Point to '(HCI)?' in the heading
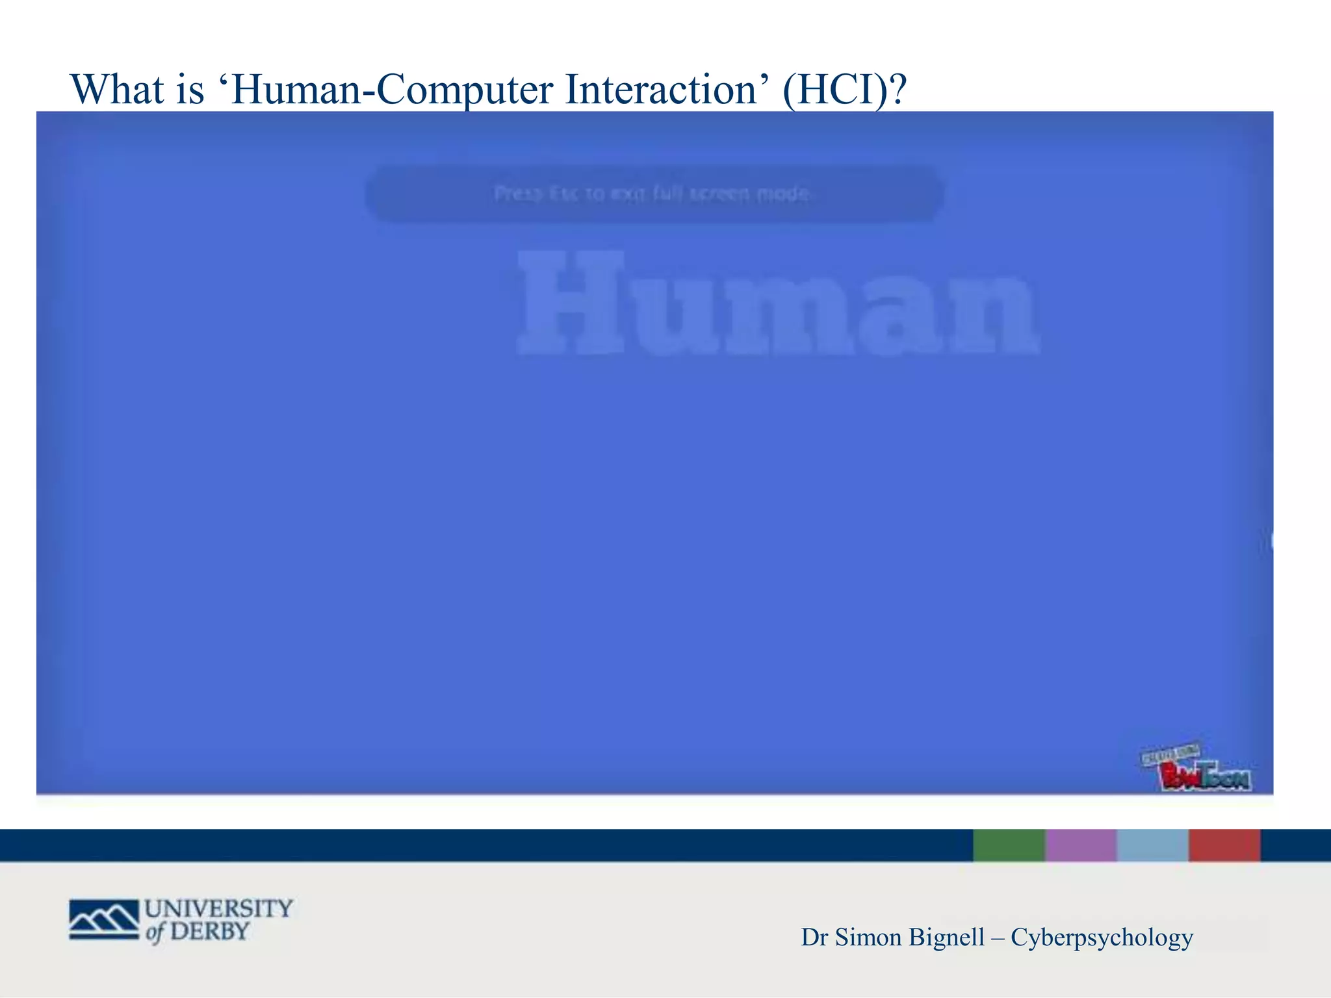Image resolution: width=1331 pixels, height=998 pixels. click(844, 90)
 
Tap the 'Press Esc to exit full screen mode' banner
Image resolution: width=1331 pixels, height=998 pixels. click(653, 194)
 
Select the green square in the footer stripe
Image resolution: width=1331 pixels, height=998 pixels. click(1009, 845)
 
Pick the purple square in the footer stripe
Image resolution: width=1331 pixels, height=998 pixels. click(1081, 845)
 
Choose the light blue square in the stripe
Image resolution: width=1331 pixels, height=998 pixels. click(1153, 845)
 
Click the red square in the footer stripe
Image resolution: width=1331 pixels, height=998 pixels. click(1224, 845)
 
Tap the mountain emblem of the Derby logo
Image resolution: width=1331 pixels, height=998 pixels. click(104, 919)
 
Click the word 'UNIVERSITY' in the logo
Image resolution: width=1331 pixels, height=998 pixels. click(219, 908)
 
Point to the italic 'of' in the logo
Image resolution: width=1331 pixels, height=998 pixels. click(155, 933)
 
